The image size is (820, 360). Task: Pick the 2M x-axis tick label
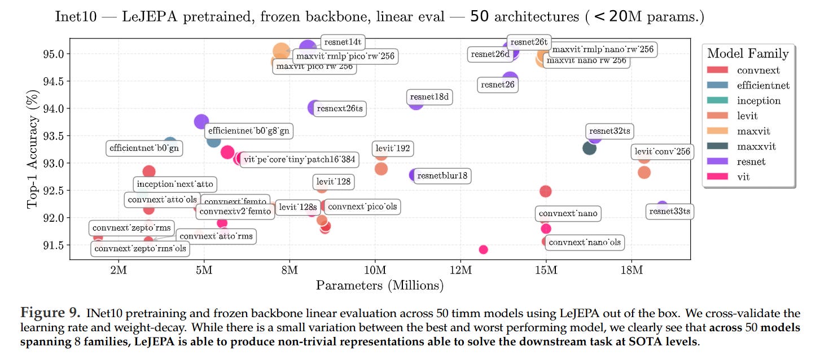click(x=119, y=270)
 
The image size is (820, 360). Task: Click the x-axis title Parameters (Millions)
click(x=379, y=286)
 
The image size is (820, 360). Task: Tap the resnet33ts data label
click(x=669, y=212)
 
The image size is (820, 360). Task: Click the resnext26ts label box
click(x=339, y=108)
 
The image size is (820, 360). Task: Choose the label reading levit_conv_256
click(x=661, y=152)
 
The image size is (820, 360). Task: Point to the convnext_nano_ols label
click(x=584, y=243)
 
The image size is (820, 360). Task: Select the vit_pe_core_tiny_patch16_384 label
click(x=299, y=159)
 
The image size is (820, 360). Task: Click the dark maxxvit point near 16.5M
click(x=589, y=148)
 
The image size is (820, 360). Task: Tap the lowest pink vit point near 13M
click(x=483, y=249)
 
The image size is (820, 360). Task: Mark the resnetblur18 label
click(x=441, y=176)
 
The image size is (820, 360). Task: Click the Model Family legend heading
click(x=748, y=54)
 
